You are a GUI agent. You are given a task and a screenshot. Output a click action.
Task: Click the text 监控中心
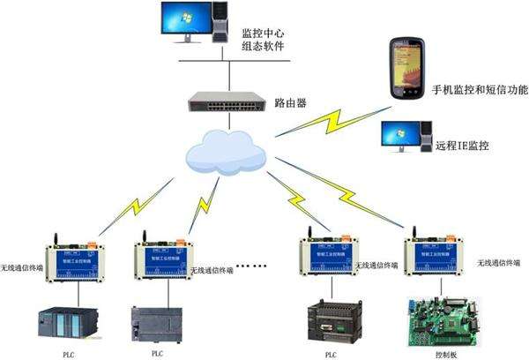pyautogui.click(x=265, y=32)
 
